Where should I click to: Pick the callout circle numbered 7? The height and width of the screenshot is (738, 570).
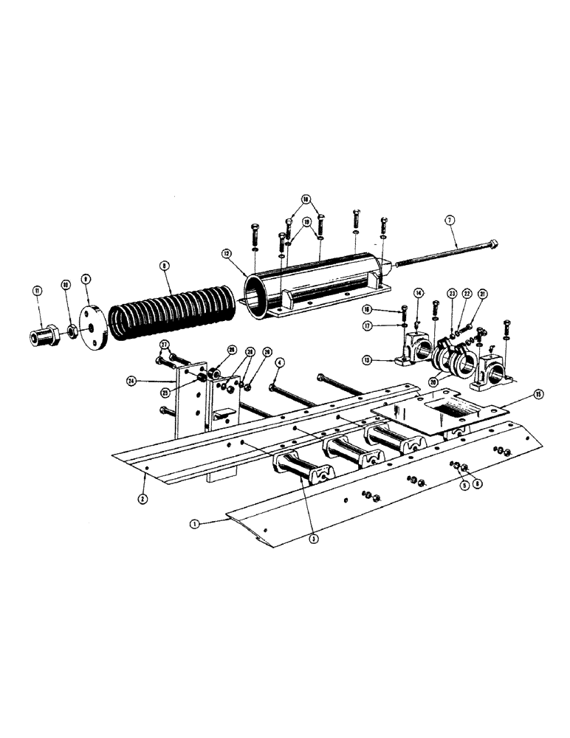(x=447, y=219)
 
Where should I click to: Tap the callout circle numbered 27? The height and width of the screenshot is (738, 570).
(x=164, y=344)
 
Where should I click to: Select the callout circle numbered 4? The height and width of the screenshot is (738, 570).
(x=280, y=362)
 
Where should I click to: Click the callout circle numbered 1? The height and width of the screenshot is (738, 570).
(x=194, y=523)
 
